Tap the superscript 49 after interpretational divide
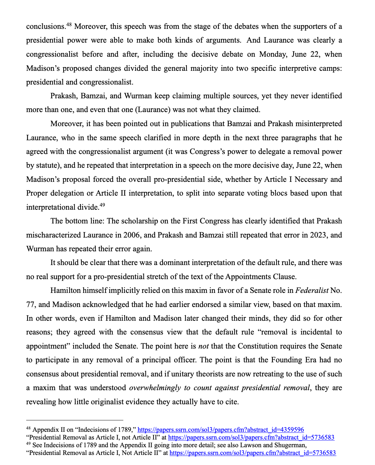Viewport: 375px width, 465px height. pyautogui.click(x=102, y=205)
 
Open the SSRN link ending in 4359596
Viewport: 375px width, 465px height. pyautogui.click(x=221, y=430)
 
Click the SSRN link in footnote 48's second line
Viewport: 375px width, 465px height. pyautogui.click(x=251, y=437)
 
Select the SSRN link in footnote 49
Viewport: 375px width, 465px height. pyautogui.click(x=253, y=453)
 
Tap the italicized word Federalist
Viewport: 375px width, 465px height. pyautogui.click(x=311, y=291)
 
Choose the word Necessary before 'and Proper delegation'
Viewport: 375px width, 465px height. pyautogui.click(x=311, y=179)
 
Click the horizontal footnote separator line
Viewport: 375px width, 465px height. pyautogui.click(x=75, y=420)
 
